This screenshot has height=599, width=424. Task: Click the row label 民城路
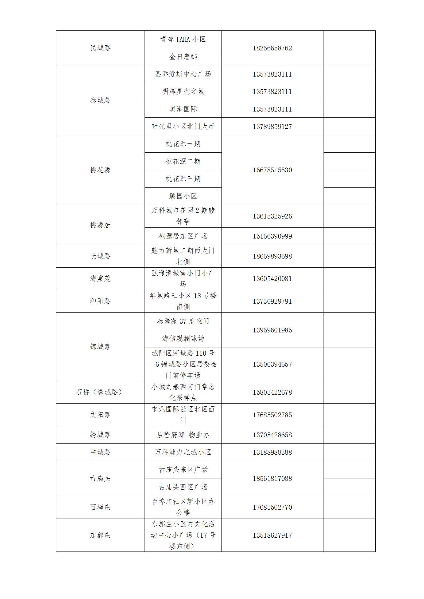click(100, 48)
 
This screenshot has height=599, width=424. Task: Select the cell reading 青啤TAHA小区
click(183, 39)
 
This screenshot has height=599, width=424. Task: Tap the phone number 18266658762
click(272, 48)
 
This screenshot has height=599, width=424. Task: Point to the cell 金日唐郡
click(183, 57)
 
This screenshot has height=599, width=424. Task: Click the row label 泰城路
click(100, 100)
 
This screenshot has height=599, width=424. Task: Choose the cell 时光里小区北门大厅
click(183, 126)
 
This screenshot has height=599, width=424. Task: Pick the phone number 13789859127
click(272, 126)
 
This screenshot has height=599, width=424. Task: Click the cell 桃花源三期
click(183, 179)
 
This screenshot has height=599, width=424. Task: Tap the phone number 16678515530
click(272, 170)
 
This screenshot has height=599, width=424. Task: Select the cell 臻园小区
click(183, 196)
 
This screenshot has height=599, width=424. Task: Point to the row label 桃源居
click(100, 225)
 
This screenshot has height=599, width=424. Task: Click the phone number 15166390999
click(272, 236)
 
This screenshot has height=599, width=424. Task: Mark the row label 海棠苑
click(100, 279)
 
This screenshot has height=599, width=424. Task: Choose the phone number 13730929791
click(272, 302)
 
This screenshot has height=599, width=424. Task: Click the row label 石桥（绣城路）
click(100, 392)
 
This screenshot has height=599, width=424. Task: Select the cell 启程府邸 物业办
click(183, 435)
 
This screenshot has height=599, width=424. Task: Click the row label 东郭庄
click(100, 535)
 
